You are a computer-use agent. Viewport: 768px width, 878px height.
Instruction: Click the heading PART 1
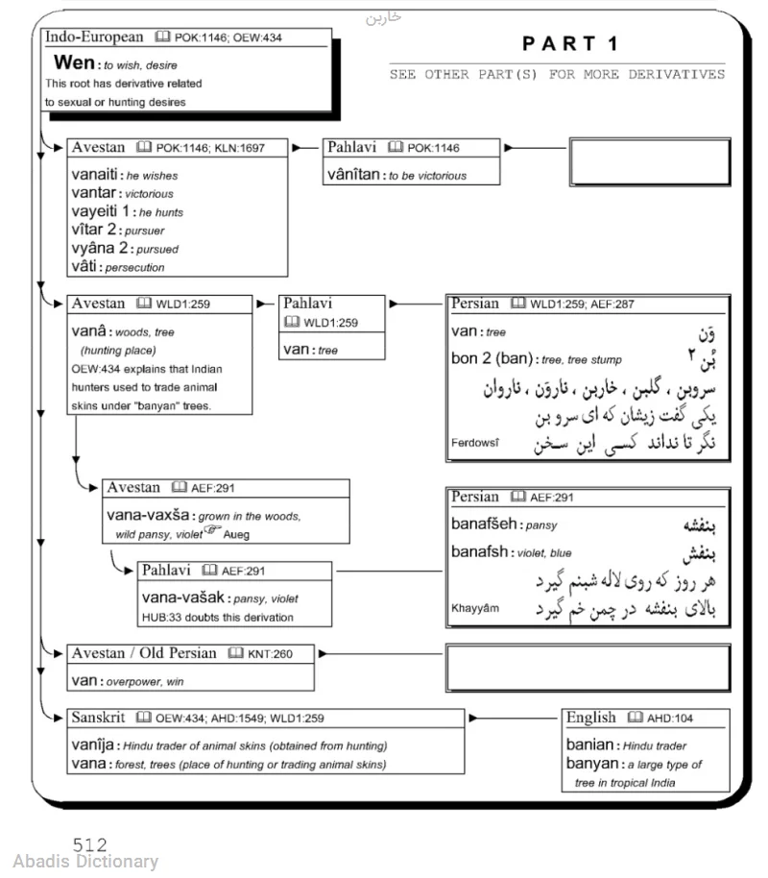pyautogui.click(x=571, y=43)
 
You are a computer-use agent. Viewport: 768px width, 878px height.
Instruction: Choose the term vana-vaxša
pyautogui.click(x=150, y=515)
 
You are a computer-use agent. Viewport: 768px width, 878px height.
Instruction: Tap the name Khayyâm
pyautogui.click(x=475, y=608)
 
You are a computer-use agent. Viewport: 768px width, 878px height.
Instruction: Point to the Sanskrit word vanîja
pyautogui.click(x=92, y=745)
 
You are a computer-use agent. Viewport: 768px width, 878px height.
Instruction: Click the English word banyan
pyautogui.click(x=591, y=764)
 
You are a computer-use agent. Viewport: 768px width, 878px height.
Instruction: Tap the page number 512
pyautogui.click(x=89, y=845)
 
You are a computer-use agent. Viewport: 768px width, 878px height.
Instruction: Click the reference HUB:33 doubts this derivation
pyautogui.click(x=217, y=617)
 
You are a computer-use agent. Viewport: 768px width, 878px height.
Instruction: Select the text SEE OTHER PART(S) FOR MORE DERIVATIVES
pyautogui.click(x=557, y=75)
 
